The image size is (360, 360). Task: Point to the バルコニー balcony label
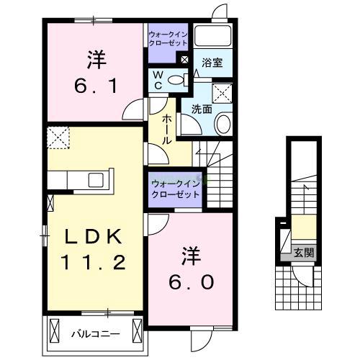(x=91, y=334)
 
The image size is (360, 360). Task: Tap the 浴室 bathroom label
(x=212, y=63)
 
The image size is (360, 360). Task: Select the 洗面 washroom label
(x=201, y=109)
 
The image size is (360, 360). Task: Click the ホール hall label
(x=166, y=130)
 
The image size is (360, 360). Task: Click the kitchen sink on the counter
(x=96, y=180)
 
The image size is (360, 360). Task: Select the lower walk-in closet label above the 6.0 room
(x=175, y=189)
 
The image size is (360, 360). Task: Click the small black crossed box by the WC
(x=186, y=60)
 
